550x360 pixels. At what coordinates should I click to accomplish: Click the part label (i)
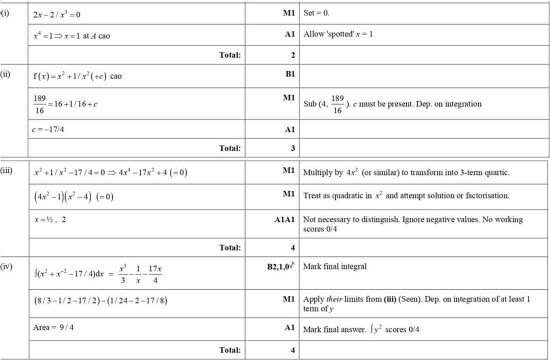point(5,13)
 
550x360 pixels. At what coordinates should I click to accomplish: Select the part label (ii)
point(5,74)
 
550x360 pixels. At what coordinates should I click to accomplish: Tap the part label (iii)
point(6,170)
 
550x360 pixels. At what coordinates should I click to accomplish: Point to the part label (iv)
point(6,266)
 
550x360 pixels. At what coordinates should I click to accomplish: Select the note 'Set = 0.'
point(316,13)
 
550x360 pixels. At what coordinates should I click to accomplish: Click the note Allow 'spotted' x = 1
point(338,34)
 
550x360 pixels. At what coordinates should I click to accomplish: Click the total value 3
point(293,148)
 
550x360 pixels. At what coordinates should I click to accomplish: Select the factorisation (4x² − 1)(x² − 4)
point(73,196)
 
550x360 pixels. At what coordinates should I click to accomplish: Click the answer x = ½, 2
point(50,219)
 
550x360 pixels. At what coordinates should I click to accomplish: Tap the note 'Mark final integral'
point(334,266)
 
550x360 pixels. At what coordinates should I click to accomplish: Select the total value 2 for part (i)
point(293,55)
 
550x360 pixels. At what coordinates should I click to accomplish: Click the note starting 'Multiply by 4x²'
point(406,172)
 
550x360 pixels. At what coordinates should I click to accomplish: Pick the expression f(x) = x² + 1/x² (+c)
point(77,76)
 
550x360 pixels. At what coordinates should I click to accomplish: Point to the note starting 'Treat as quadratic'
point(406,195)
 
